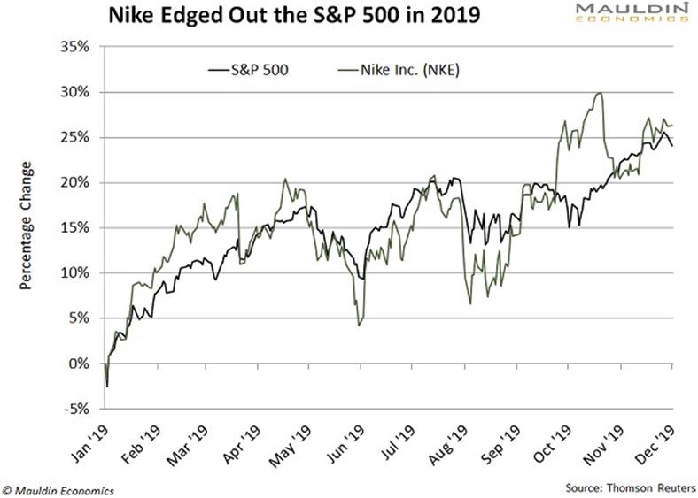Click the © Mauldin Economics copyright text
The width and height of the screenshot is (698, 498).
58,487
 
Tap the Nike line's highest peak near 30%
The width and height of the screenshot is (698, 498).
601,94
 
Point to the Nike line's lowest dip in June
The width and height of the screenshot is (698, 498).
358,326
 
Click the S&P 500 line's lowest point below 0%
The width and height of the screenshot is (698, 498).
107,386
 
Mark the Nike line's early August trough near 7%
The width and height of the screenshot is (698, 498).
470,303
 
